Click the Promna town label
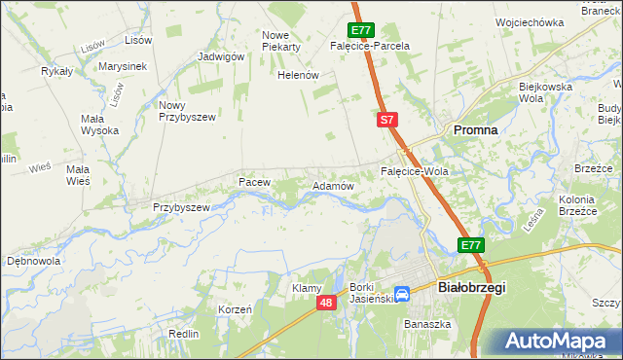click(474, 129)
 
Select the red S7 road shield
click(387, 120)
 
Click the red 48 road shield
click(327, 305)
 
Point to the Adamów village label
click(332, 185)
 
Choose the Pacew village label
click(253, 182)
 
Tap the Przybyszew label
click(182, 207)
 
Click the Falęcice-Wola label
click(414, 172)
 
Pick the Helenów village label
click(298, 75)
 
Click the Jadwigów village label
click(221, 56)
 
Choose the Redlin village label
click(183, 334)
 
